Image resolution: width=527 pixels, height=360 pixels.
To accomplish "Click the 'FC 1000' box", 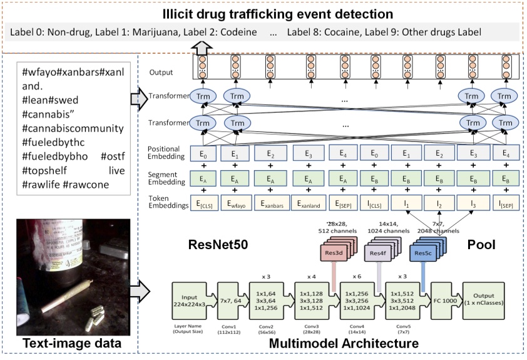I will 441,299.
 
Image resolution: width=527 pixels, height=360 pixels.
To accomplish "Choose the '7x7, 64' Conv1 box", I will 232,299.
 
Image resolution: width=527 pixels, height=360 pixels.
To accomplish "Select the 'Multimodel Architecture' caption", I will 331,344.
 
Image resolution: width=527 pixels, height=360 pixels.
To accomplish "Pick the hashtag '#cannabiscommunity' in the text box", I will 73,128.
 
